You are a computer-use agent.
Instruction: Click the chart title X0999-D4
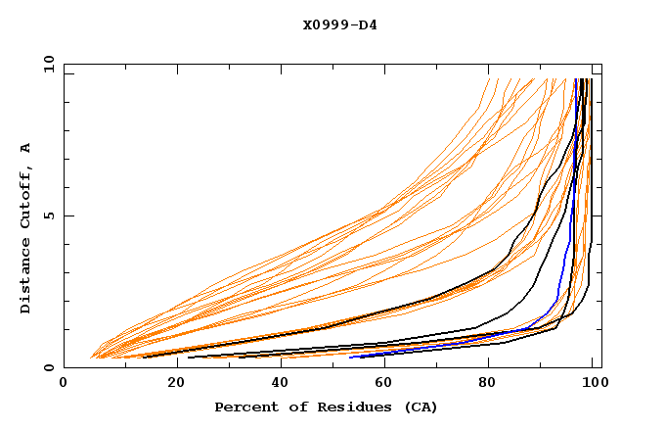339,24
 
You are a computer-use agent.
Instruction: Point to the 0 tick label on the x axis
64,384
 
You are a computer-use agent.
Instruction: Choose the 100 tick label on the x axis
589,384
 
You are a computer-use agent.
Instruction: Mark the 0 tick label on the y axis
48,368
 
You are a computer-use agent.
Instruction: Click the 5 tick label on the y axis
48,215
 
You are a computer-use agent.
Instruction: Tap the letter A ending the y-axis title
25,147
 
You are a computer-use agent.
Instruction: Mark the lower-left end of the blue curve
351,357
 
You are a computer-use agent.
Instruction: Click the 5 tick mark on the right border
598,215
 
